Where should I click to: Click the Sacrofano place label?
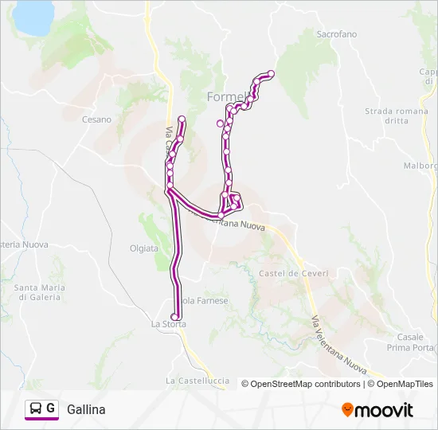[x=337, y=34]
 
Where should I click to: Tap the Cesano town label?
[x=96, y=119]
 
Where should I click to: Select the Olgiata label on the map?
[x=144, y=248]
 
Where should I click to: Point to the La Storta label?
[x=168, y=324]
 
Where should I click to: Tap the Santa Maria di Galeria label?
[x=38, y=292]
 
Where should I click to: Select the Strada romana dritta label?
[x=385, y=115]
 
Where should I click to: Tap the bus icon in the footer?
[x=35, y=409]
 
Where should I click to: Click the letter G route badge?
[x=51, y=408]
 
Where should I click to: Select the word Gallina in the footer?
[x=86, y=409]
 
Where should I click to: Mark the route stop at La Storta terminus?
[x=175, y=317]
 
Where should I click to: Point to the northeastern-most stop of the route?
[x=271, y=74]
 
